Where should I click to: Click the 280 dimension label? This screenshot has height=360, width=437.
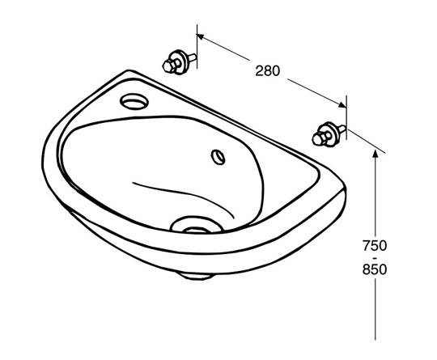pos(268,70)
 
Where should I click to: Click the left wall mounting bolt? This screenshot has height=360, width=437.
pos(177,61)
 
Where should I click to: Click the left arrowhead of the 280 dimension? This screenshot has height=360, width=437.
pos(203,37)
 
